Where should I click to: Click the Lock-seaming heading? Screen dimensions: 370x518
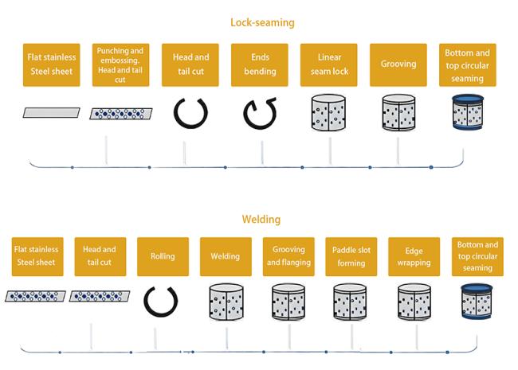262,22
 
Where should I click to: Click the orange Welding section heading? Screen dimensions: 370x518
261,219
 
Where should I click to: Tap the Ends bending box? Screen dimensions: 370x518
260,64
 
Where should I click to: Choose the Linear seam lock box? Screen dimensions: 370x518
328,64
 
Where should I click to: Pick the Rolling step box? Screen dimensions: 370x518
163,256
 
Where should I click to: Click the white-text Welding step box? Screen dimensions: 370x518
226,256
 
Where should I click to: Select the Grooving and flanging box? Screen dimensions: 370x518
288,256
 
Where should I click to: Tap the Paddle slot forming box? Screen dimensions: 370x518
351,256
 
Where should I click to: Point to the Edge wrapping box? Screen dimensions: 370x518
414,256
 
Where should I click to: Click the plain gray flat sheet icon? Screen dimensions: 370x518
52,113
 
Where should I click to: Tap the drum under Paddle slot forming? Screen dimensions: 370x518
351,302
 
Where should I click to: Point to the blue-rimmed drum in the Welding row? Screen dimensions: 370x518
477,301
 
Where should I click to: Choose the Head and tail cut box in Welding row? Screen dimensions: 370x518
100,256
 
